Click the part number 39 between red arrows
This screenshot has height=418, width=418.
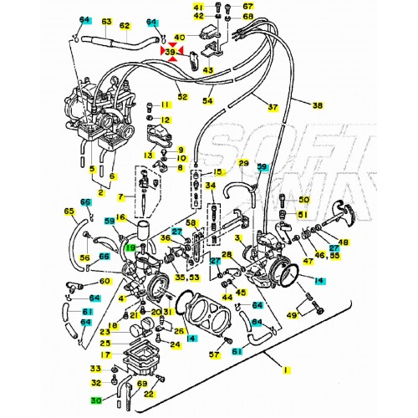coord(171,53)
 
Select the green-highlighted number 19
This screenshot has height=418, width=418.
coord(130,247)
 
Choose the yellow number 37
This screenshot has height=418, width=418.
coord(273,107)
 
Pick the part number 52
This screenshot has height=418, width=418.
coord(182,98)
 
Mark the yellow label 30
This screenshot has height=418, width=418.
coord(96,400)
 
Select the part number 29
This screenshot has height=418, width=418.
coord(244,163)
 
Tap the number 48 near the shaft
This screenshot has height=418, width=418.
coord(344,243)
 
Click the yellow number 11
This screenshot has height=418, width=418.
coord(166,104)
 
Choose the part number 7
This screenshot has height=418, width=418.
coord(120,197)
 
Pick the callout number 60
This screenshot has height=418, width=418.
coord(105,282)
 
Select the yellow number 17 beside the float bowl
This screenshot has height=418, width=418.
coord(104,354)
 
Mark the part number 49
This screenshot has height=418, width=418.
coord(292,315)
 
